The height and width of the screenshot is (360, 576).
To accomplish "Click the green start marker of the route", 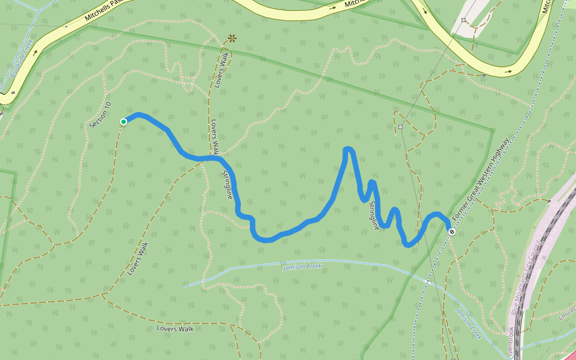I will click(124, 122).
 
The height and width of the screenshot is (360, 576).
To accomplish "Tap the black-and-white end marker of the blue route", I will click(452, 231).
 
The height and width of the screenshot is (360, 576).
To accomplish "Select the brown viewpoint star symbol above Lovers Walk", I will click(232, 38).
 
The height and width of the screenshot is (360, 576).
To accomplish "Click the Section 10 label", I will click(100, 115).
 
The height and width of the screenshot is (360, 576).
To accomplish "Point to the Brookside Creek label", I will click(22, 60).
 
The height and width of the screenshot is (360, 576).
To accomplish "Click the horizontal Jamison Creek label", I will click(302, 266).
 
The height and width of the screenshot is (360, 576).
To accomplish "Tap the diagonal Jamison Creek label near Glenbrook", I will click(468, 324).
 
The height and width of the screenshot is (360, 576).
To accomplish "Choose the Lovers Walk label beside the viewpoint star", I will click(220, 71).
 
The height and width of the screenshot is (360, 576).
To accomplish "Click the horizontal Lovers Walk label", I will click(175, 329).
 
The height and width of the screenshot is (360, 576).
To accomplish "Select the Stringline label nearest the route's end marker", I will click(373, 216).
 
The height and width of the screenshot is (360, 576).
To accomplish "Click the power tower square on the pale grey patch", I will click(464, 20).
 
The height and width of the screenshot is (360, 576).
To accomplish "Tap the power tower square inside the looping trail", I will click(400, 127).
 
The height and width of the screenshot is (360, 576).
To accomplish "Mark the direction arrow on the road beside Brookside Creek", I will click(35, 52).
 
